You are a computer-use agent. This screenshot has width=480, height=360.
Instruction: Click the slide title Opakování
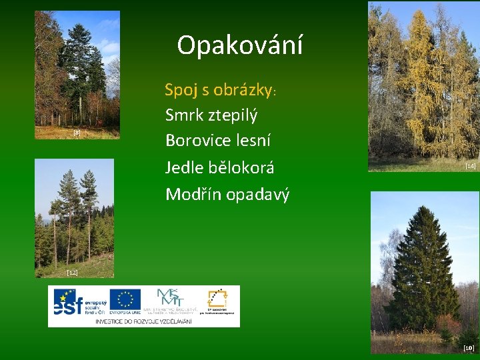click(x=240, y=45)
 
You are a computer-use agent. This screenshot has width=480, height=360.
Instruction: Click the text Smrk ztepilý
click(x=211, y=115)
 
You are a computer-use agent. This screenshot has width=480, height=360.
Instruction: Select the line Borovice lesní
click(x=217, y=141)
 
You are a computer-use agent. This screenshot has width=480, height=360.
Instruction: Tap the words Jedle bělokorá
click(x=219, y=167)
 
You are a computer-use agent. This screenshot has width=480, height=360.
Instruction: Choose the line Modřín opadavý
click(x=227, y=194)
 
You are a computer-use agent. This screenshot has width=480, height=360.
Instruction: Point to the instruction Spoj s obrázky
click(x=225, y=89)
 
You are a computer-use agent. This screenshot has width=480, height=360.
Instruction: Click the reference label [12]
click(x=72, y=273)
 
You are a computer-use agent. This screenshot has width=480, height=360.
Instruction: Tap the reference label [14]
click(x=470, y=165)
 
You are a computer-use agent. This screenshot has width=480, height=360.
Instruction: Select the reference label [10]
click(x=468, y=348)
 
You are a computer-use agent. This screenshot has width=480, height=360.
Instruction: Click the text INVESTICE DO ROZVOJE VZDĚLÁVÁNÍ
click(x=143, y=321)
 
